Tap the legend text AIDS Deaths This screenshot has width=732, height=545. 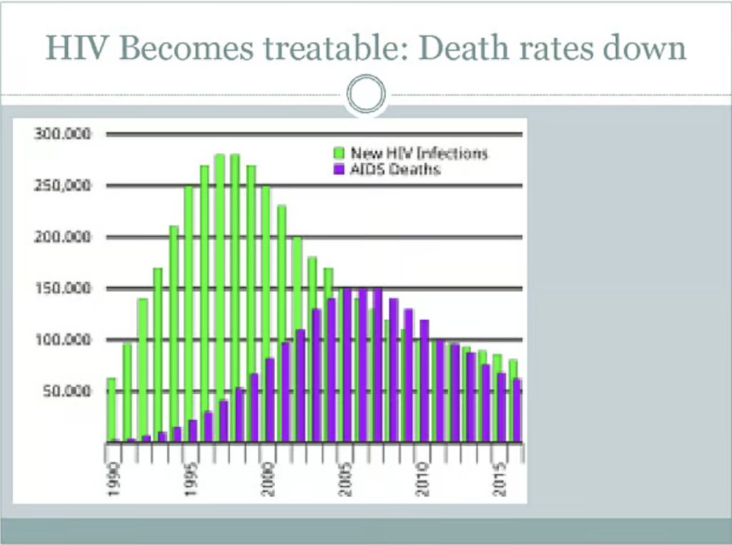pyautogui.click(x=395, y=169)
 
